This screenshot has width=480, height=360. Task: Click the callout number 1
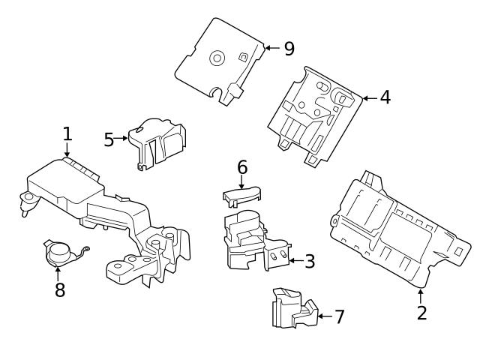point(67,134)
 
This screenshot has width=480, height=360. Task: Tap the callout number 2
point(421,313)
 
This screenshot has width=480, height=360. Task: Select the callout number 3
point(309,262)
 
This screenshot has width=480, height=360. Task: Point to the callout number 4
point(385,97)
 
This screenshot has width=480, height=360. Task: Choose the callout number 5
point(109,139)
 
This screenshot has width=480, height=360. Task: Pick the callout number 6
point(242,167)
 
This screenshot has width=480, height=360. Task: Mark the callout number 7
point(339,316)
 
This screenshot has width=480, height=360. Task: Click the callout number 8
point(60,290)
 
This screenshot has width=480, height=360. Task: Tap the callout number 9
point(289,49)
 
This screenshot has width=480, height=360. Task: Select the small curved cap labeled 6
point(240,194)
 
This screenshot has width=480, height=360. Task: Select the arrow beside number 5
point(121,139)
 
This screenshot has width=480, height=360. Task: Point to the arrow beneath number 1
point(67,150)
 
